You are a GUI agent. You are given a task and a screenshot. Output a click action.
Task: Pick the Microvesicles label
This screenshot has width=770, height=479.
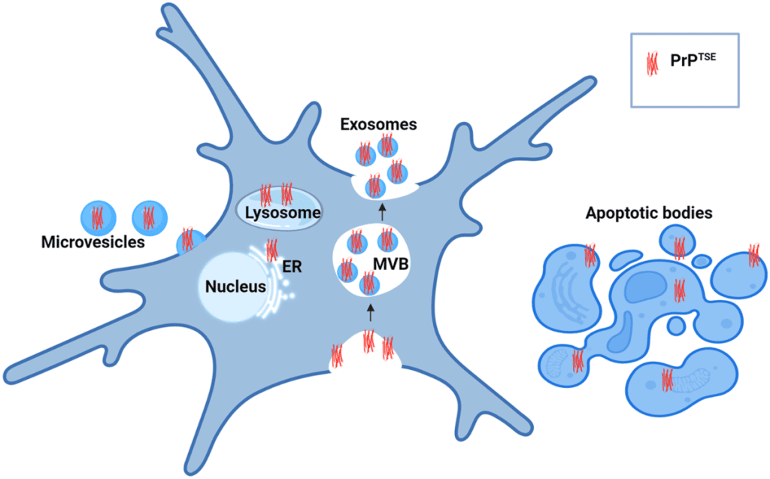pos(93,244)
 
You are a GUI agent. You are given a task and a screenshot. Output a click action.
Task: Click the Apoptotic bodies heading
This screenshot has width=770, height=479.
pos(648,213)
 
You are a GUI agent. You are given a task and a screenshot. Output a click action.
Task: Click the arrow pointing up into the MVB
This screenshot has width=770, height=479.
pos(370,311)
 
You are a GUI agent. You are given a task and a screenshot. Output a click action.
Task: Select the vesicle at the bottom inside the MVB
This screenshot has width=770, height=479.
pos(368,284)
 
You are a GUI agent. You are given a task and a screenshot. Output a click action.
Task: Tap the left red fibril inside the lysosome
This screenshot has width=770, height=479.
pos(265,195)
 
